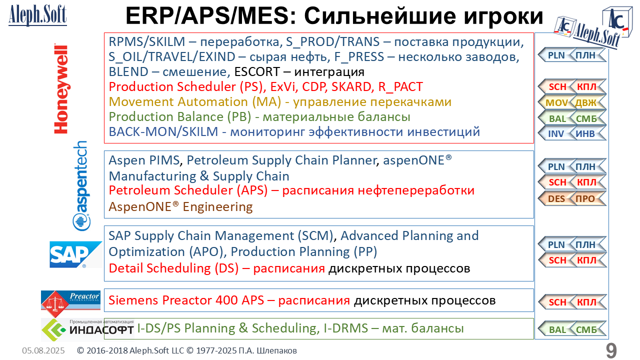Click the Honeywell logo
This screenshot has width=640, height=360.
point(61,88)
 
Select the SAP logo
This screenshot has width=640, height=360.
point(75,254)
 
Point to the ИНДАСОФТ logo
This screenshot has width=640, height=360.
point(87,329)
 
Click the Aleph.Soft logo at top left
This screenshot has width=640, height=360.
point(37,15)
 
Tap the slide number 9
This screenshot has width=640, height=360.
point(611,350)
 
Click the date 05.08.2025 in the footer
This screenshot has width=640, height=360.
point(43,350)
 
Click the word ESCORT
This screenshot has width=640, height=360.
point(256,71)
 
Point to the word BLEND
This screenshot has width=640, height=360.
point(128,71)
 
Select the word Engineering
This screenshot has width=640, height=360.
point(217,206)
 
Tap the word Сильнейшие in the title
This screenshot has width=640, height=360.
point(379,16)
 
